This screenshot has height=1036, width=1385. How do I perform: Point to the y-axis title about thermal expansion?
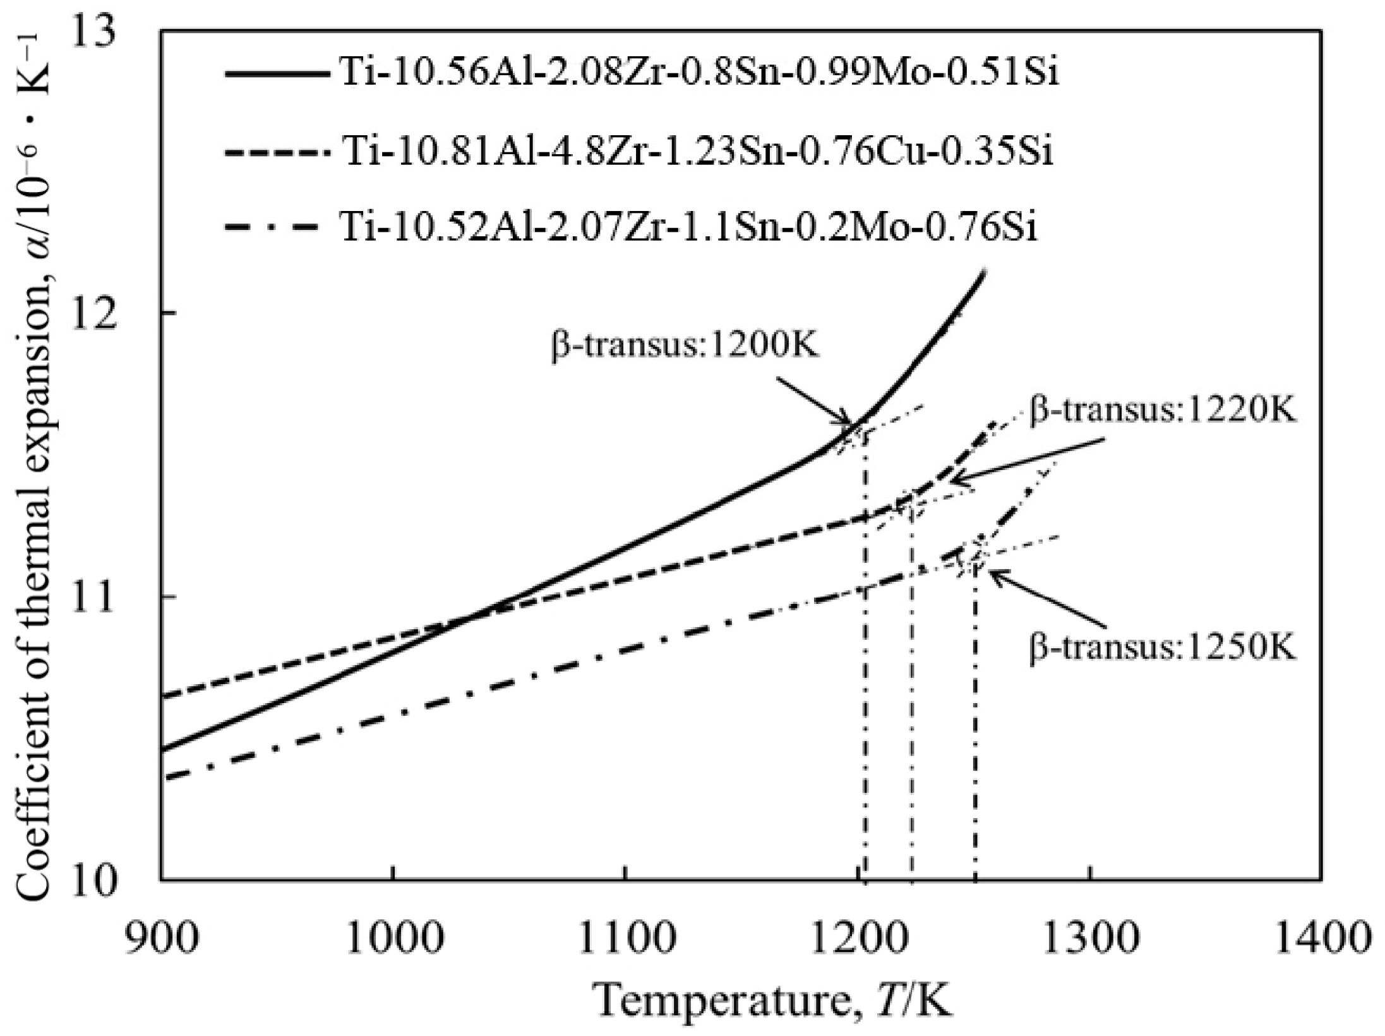click(38, 455)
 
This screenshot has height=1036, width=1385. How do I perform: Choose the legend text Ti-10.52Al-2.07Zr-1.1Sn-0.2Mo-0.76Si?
click(688, 228)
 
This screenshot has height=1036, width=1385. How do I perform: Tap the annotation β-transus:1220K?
click(1162, 411)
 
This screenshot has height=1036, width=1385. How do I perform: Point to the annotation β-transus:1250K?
click(1162, 647)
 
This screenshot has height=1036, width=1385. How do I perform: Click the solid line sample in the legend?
click(278, 74)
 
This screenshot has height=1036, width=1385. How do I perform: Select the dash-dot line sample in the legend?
click(278, 228)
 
